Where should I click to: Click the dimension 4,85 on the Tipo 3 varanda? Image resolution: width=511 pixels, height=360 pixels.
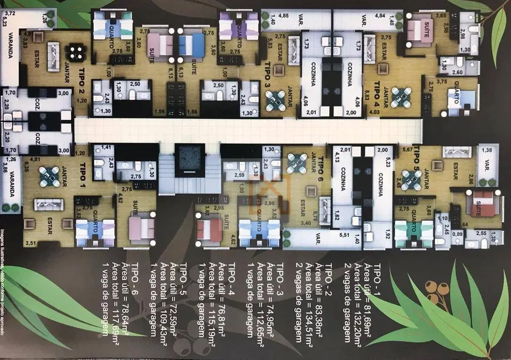[284, 16]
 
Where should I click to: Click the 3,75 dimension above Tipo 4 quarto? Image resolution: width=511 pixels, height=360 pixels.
[442, 81]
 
